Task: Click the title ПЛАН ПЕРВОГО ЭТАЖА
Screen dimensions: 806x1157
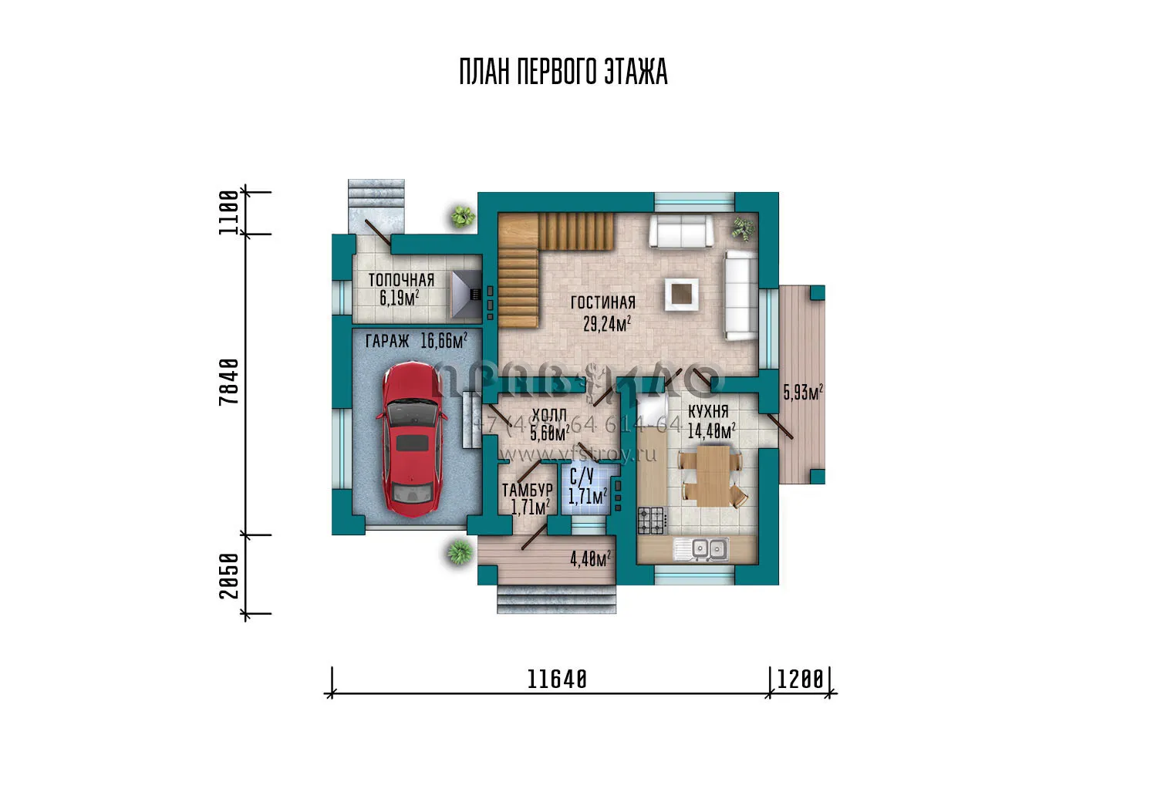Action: [563, 72]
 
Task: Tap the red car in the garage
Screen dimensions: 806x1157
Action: [412, 440]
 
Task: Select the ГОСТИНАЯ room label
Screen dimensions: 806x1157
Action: [603, 302]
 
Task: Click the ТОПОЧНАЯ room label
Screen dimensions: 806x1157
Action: [401, 280]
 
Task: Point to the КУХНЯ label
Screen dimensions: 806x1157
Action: [708, 412]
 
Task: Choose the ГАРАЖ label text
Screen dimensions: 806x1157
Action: [387, 341]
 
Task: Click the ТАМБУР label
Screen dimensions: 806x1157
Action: [527, 490]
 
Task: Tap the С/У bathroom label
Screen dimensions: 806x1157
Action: [582, 477]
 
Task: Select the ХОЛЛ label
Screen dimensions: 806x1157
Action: [549, 416]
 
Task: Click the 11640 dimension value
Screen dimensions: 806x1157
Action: [557, 680]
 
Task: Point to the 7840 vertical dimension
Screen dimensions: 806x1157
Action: [229, 381]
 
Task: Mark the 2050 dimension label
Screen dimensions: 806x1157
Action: [229, 575]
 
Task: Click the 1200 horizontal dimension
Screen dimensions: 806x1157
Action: [800, 680]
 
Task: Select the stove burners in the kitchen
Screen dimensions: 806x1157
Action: [651, 521]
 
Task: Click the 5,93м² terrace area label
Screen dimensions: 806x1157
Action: [803, 392]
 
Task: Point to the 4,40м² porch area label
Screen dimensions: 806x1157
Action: [590, 558]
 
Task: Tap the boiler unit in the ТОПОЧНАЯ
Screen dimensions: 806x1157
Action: [467, 294]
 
